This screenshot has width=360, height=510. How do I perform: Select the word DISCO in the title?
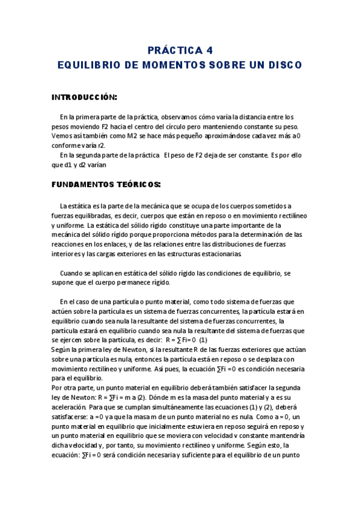(x=285, y=64)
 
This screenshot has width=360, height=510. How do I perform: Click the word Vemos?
(x=62, y=136)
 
